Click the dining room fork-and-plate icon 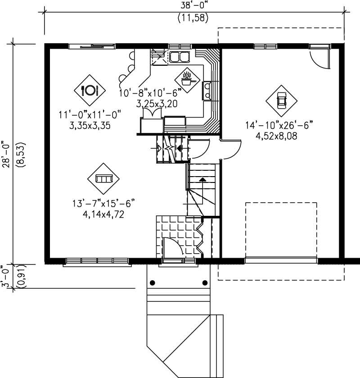(x=89, y=90)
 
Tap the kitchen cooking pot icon (x=186, y=80)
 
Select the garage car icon (x=282, y=100)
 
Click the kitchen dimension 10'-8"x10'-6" (x=150, y=93)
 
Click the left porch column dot (x=152, y=283)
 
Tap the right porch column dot (x=205, y=283)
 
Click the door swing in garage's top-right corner (x=319, y=57)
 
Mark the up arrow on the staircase (x=202, y=180)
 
